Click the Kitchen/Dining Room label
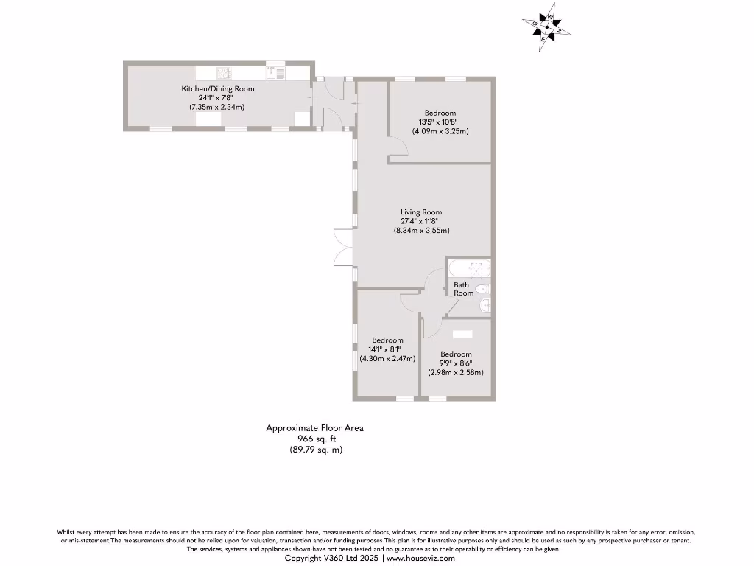coord(218,89)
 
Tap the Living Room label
coord(421,212)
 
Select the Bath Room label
coord(463,289)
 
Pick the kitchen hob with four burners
coord(224,72)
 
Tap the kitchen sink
coord(276,72)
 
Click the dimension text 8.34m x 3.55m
coord(421,231)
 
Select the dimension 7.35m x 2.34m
coord(217,107)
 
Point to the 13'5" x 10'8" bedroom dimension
coord(440,122)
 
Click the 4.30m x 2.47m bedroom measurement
coord(387,359)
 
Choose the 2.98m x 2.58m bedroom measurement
coord(456,372)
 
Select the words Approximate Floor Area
coord(314,427)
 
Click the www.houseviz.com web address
coord(420,559)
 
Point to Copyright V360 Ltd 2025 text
coord(331,559)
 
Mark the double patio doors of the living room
coord(342,247)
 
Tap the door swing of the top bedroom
coord(398,151)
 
